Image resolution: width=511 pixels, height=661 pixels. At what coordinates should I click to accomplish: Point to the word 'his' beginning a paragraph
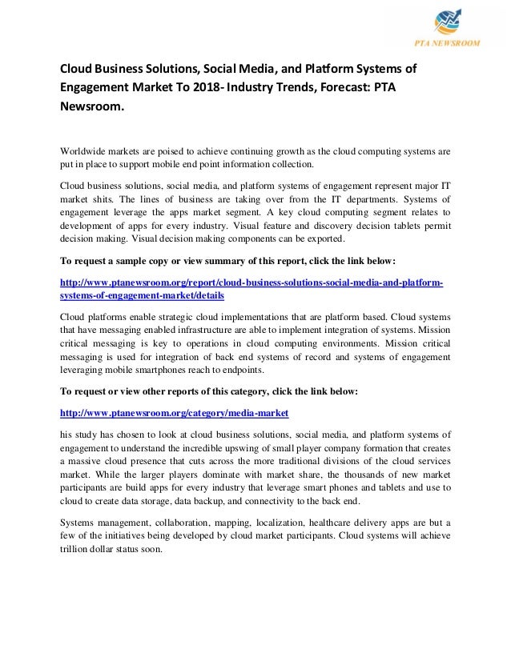(x=70, y=433)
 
